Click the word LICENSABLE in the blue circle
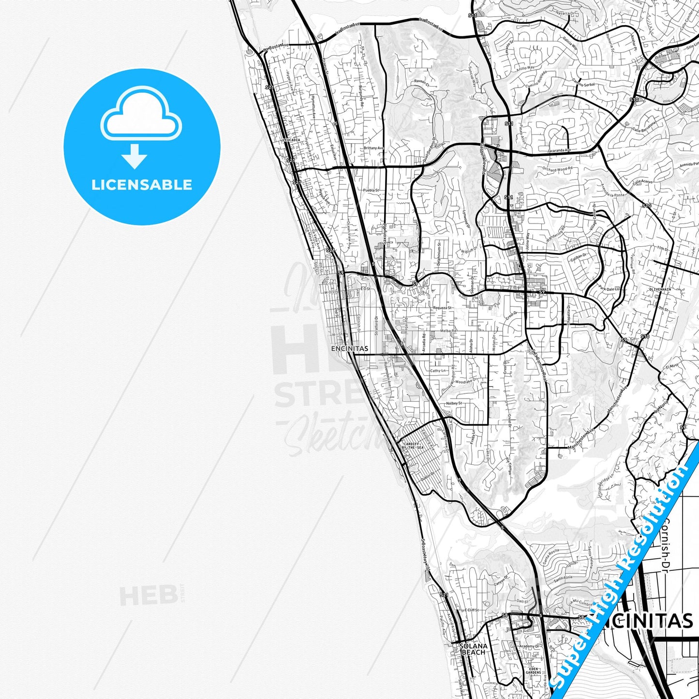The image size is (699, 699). (142, 184)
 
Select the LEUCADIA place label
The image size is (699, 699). (291, 140)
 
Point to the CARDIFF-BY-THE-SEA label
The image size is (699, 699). (410, 446)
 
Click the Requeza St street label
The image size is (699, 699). (442, 308)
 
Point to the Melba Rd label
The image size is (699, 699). (448, 331)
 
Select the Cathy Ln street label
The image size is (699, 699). (438, 371)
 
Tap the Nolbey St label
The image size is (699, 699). (454, 403)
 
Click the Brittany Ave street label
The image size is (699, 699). (373, 148)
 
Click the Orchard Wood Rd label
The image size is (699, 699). (557, 169)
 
